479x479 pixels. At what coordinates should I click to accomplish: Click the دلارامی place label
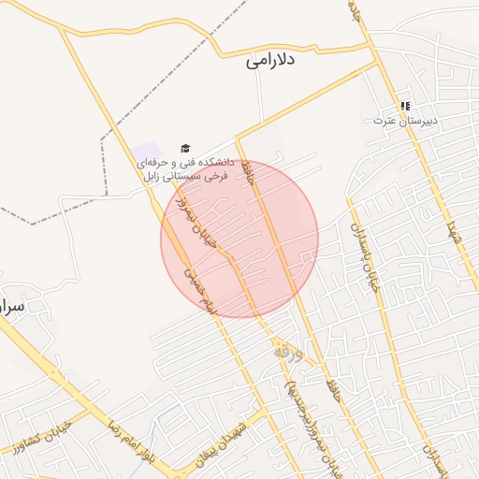coord(270,61)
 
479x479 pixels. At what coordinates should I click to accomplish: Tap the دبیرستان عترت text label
coord(405,121)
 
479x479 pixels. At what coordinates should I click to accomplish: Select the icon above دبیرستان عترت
coord(405,107)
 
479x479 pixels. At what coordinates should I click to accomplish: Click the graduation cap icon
coord(184,149)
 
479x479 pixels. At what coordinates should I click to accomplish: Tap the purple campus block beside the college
coord(145,151)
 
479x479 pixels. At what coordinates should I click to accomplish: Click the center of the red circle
coord(239,239)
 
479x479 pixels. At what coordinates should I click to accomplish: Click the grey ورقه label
coord(288,353)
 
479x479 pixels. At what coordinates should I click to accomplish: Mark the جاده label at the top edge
coord(355,10)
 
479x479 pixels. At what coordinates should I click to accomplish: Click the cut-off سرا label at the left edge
coord(11,306)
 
